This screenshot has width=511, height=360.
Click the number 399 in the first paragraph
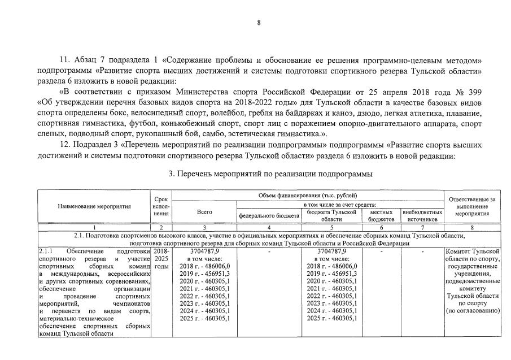pyautogui.click(x=474, y=91)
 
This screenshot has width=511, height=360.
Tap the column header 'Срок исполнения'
pyautogui.click(x=161, y=206)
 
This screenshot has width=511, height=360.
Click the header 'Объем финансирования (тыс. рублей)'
pyautogui.click(x=307, y=195)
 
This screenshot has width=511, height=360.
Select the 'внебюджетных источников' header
pyautogui.click(x=422, y=215)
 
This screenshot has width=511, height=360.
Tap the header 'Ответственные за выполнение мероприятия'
pyautogui.click(x=472, y=207)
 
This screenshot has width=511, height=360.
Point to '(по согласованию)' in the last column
pyautogui.click(x=472, y=311)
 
